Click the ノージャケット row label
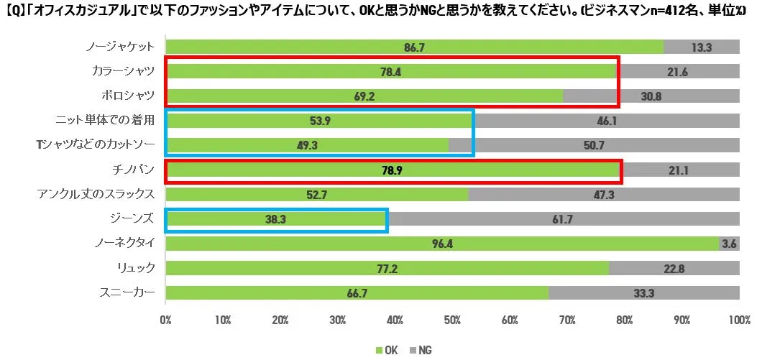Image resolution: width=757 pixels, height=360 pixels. [x=119, y=47]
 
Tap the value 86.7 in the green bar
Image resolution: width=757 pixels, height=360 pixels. [x=414, y=47]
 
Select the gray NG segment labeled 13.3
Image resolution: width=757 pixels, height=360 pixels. [x=701, y=47]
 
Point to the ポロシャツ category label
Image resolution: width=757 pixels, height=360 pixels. [x=127, y=96]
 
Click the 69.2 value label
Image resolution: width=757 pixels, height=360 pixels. [x=364, y=96]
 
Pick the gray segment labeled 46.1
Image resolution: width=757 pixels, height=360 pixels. [x=607, y=120]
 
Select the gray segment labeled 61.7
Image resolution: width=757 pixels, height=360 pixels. [x=562, y=220]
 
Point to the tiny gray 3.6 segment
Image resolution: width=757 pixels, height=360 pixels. [x=729, y=244]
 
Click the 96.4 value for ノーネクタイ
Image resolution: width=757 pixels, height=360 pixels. [x=441, y=244]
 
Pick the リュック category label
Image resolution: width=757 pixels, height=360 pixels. [x=137, y=268]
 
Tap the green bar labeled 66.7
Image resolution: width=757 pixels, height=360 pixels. [x=357, y=293]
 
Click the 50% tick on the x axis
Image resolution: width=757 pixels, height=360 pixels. [x=452, y=319]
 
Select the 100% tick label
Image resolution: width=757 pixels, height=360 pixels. [x=739, y=319]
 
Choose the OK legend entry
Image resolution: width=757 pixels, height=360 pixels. [x=386, y=350]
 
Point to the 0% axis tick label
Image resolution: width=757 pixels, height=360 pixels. [x=166, y=319]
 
